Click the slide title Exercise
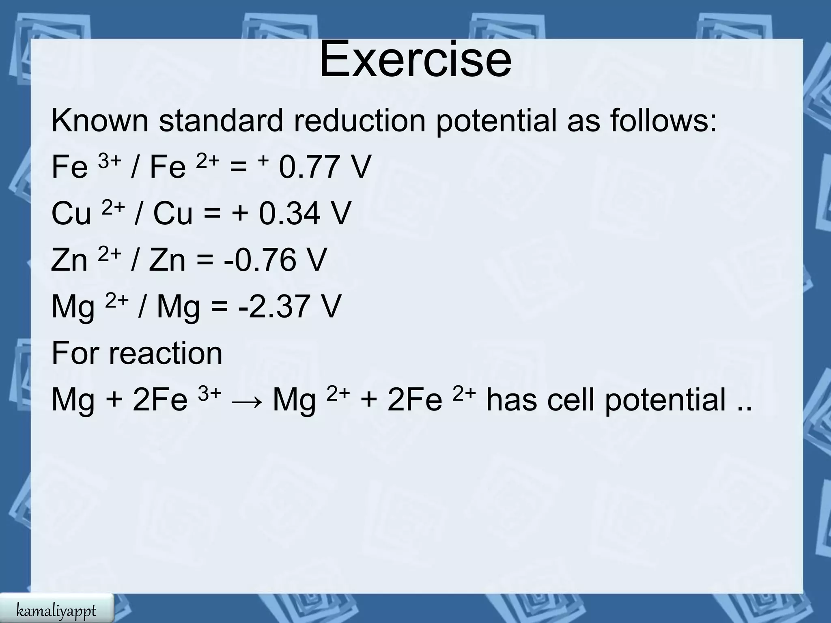415,59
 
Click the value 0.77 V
325,167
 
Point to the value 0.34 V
305,213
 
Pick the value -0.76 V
275,260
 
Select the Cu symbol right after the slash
172,213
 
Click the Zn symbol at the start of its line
69,260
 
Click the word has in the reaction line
512,400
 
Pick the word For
75,353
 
